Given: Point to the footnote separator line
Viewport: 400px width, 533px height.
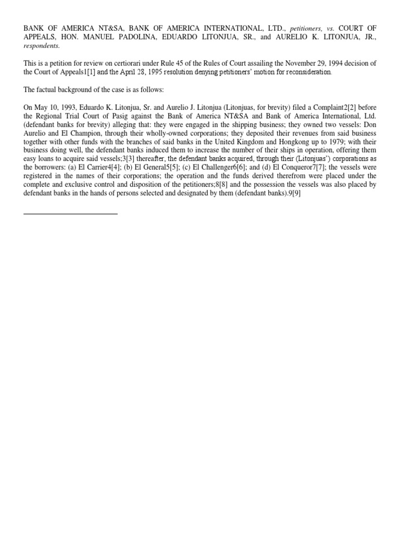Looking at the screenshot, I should [x=70, y=213].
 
